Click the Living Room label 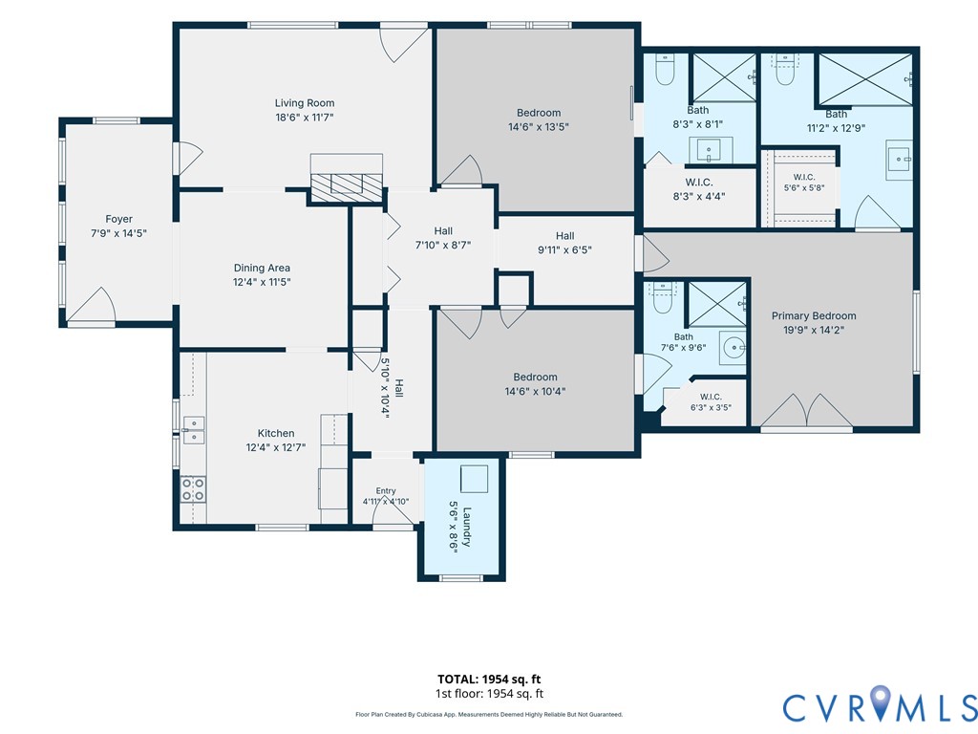pos(305,103)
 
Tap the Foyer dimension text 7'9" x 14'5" pos(118,233)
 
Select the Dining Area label pos(262,268)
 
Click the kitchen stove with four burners pos(193,488)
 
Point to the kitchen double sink pos(193,430)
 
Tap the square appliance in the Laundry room pos(474,479)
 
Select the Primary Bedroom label pos(814,315)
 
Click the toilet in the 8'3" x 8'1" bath pos(665,70)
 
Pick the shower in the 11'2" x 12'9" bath pos(863,79)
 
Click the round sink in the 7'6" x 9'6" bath pos(735,346)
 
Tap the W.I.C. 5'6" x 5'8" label pos(804,183)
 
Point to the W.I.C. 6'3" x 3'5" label pos(711,402)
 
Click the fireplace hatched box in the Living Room pos(346,186)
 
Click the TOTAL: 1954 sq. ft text pos(489,680)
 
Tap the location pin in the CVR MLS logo pos(880,702)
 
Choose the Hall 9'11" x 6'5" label pos(564,243)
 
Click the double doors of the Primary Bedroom pos(806,410)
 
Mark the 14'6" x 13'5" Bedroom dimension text pos(539,127)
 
